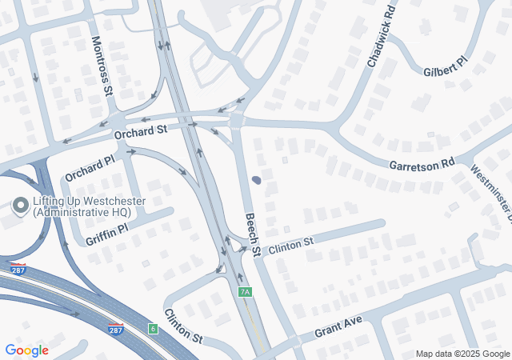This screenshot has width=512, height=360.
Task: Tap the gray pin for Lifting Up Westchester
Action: (x=20, y=206)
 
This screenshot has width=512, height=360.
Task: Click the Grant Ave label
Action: (x=338, y=325)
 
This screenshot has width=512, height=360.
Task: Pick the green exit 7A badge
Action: (x=245, y=292)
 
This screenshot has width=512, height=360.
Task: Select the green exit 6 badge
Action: (x=153, y=329)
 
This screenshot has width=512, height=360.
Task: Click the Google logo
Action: (x=26, y=350)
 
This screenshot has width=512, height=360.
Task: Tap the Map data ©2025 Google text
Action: (x=462, y=354)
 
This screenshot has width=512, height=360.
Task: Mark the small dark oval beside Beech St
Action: (x=256, y=181)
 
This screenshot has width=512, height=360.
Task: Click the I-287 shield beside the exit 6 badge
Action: (x=116, y=328)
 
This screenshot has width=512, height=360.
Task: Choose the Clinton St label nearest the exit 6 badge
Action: (x=183, y=326)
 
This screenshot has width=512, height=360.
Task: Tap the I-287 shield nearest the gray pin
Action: (x=18, y=270)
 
